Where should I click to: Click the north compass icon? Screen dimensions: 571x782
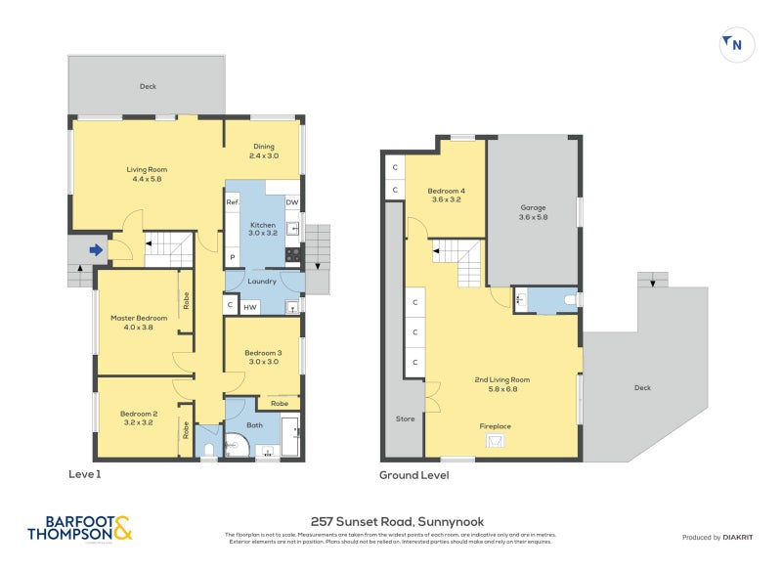(x=737, y=45)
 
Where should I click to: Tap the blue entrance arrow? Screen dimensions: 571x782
(x=96, y=250)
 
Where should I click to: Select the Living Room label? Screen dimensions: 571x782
(x=147, y=174)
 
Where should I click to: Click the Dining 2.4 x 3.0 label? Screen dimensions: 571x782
(x=264, y=151)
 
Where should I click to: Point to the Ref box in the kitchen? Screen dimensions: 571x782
(x=233, y=202)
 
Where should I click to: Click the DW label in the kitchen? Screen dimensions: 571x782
(x=291, y=202)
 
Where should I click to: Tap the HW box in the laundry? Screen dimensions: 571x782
(x=250, y=307)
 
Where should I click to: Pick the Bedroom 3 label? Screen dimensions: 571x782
(x=263, y=357)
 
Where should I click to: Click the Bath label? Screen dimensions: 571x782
(x=255, y=425)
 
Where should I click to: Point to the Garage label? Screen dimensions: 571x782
(x=533, y=212)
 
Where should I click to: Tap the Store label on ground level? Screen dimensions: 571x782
(x=405, y=418)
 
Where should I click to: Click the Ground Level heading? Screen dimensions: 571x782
(x=414, y=475)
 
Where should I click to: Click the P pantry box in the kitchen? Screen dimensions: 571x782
(x=233, y=257)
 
